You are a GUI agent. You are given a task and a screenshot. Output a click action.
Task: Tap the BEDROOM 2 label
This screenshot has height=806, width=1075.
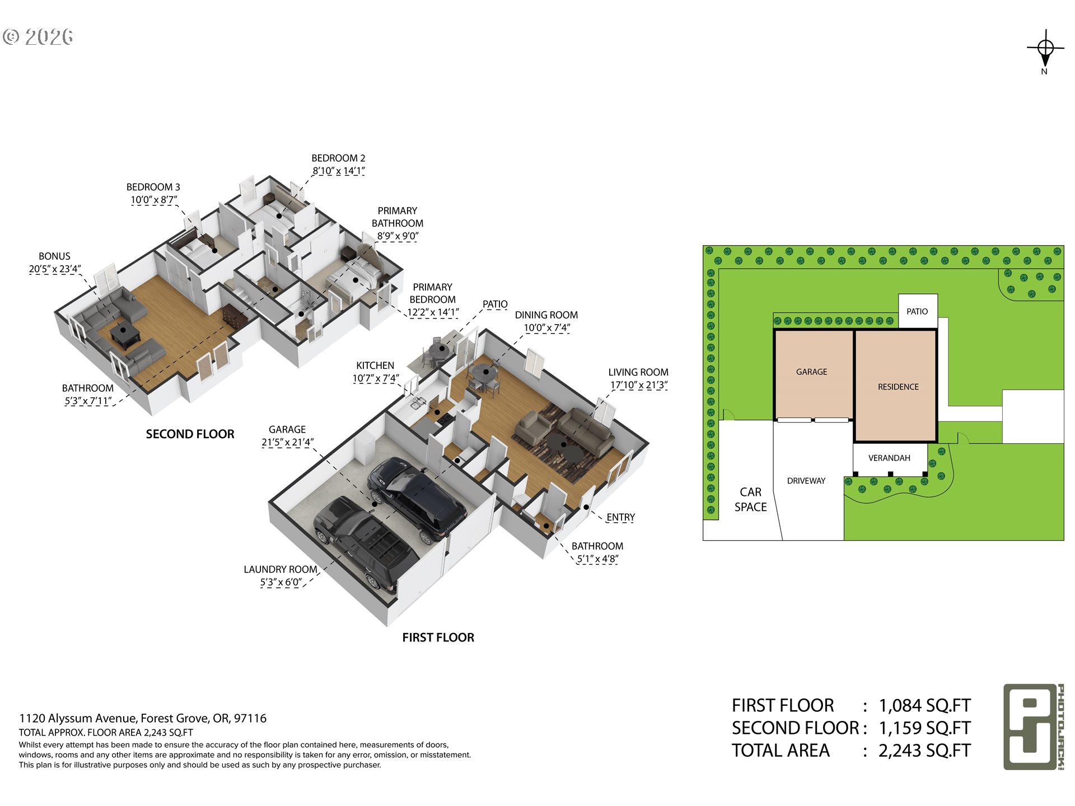click(338, 158)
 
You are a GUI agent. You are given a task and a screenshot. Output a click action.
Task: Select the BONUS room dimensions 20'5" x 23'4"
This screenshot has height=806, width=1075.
click(55, 269)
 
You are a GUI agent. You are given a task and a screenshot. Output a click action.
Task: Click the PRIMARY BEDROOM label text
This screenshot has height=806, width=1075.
click(433, 293)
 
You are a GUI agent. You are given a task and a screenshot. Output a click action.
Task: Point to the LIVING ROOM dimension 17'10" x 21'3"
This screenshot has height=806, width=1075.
click(639, 385)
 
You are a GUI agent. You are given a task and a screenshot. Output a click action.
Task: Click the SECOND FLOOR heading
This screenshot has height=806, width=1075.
click(190, 434)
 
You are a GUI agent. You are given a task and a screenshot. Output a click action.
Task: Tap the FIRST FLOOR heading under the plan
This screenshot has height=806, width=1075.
click(438, 638)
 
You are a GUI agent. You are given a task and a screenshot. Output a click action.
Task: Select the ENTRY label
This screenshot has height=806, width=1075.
click(620, 517)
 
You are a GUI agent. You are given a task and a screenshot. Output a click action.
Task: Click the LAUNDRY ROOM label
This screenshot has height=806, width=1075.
click(281, 569)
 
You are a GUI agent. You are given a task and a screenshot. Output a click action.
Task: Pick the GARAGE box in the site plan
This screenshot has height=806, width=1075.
click(814, 374)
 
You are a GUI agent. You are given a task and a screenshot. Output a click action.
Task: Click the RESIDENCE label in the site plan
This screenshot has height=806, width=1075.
click(898, 387)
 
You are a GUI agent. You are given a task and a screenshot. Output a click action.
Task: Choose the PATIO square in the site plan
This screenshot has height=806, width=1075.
click(918, 311)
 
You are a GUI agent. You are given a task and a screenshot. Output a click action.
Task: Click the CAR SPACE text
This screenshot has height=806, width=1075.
click(750, 499)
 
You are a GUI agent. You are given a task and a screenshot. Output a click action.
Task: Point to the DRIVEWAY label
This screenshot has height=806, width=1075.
click(806, 481)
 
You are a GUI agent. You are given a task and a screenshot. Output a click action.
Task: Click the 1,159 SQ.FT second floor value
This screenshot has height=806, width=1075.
click(924, 728)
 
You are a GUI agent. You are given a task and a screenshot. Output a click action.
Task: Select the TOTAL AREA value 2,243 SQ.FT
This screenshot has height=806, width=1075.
click(924, 751)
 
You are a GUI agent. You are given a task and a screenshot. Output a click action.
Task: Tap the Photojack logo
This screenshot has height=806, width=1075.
click(1034, 727)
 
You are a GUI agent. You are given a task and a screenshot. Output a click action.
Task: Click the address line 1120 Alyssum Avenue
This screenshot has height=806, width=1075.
click(143, 718)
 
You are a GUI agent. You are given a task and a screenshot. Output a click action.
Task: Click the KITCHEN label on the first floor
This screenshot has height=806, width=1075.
click(375, 365)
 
